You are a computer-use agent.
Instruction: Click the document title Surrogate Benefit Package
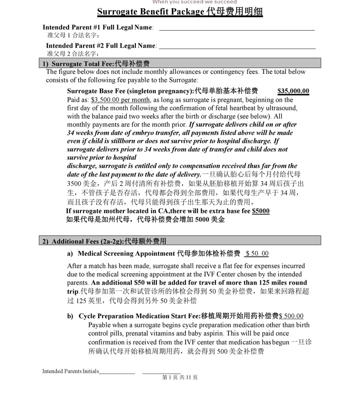click(180, 12)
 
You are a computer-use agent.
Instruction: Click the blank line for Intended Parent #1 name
click(237, 29)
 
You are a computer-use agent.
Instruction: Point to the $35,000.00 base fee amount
click(293, 91)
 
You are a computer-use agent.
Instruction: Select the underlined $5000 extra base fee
click(261, 211)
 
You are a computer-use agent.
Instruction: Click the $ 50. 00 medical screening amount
click(257, 254)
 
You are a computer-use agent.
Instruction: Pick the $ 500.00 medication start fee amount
click(291, 316)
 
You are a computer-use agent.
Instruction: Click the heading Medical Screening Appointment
click(127, 254)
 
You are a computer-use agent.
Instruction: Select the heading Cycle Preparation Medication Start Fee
click(139, 316)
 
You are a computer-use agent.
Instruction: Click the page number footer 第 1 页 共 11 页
click(180, 377)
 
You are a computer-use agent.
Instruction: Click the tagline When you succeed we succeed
click(194, 2)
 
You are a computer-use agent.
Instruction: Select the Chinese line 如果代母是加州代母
click(145, 219)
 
